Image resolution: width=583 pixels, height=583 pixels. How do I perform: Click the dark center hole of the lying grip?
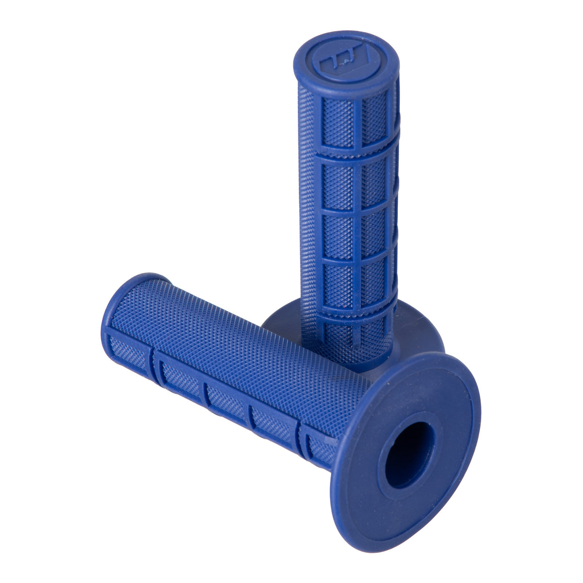point(409,448)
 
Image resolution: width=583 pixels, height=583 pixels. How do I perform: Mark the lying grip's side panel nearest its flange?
point(318,445)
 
